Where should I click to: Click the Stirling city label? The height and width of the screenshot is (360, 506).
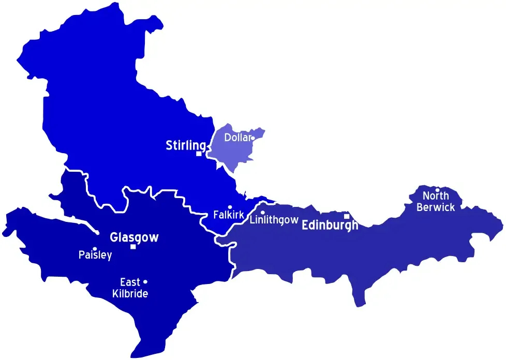pyautogui.click(x=186, y=145)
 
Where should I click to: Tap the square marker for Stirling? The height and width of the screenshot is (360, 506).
pyautogui.click(x=199, y=154)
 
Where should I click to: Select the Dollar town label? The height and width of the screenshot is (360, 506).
pyautogui.click(x=237, y=138)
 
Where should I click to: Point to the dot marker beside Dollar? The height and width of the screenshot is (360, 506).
pyautogui.click(x=252, y=138)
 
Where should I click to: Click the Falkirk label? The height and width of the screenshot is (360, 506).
pyautogui.click(x=228, y=215)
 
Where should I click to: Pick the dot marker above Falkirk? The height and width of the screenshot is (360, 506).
pyautogui.click(x=230, y=207)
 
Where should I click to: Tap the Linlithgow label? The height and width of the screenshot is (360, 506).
pyautogui.click(x=274, y=220)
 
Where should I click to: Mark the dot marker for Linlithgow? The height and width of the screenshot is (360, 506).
pyautogui.click(x=262, y=213)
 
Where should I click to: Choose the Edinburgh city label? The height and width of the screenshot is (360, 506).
pyautogui.click(x=330, y=226)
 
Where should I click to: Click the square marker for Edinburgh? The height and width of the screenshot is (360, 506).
pyautogui.click(x=347, y=216)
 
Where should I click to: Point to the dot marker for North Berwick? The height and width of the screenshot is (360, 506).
pyautogui.click(x=438, y=189)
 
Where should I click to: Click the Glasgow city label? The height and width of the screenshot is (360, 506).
pyautogui.click(x=134, y=238)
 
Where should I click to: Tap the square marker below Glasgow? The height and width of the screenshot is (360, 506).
pyautogui.click(x=133, y=247)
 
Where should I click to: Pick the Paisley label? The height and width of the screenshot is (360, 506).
pyautogui.click(x=95, y=256)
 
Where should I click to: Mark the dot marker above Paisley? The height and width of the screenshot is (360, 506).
pyautogui.click(x=94, y=249)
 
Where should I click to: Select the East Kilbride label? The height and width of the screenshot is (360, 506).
pyautogui.click(x=130, y=288)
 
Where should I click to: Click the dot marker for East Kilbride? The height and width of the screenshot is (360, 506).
pyautogui.click(x=145, y=282)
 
